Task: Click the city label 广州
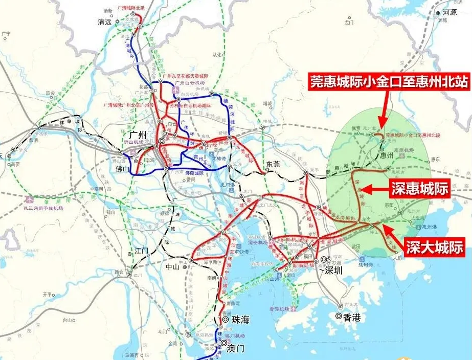(x=136, y=135)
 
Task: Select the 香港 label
(x=352, y=317)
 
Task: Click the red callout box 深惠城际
(x=419, y=189)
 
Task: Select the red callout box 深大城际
(x=435, y=247)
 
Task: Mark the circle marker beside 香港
(x=339, y=317)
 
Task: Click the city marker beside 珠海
(x=225, y=320)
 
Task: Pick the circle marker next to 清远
(x=118, y=22)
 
